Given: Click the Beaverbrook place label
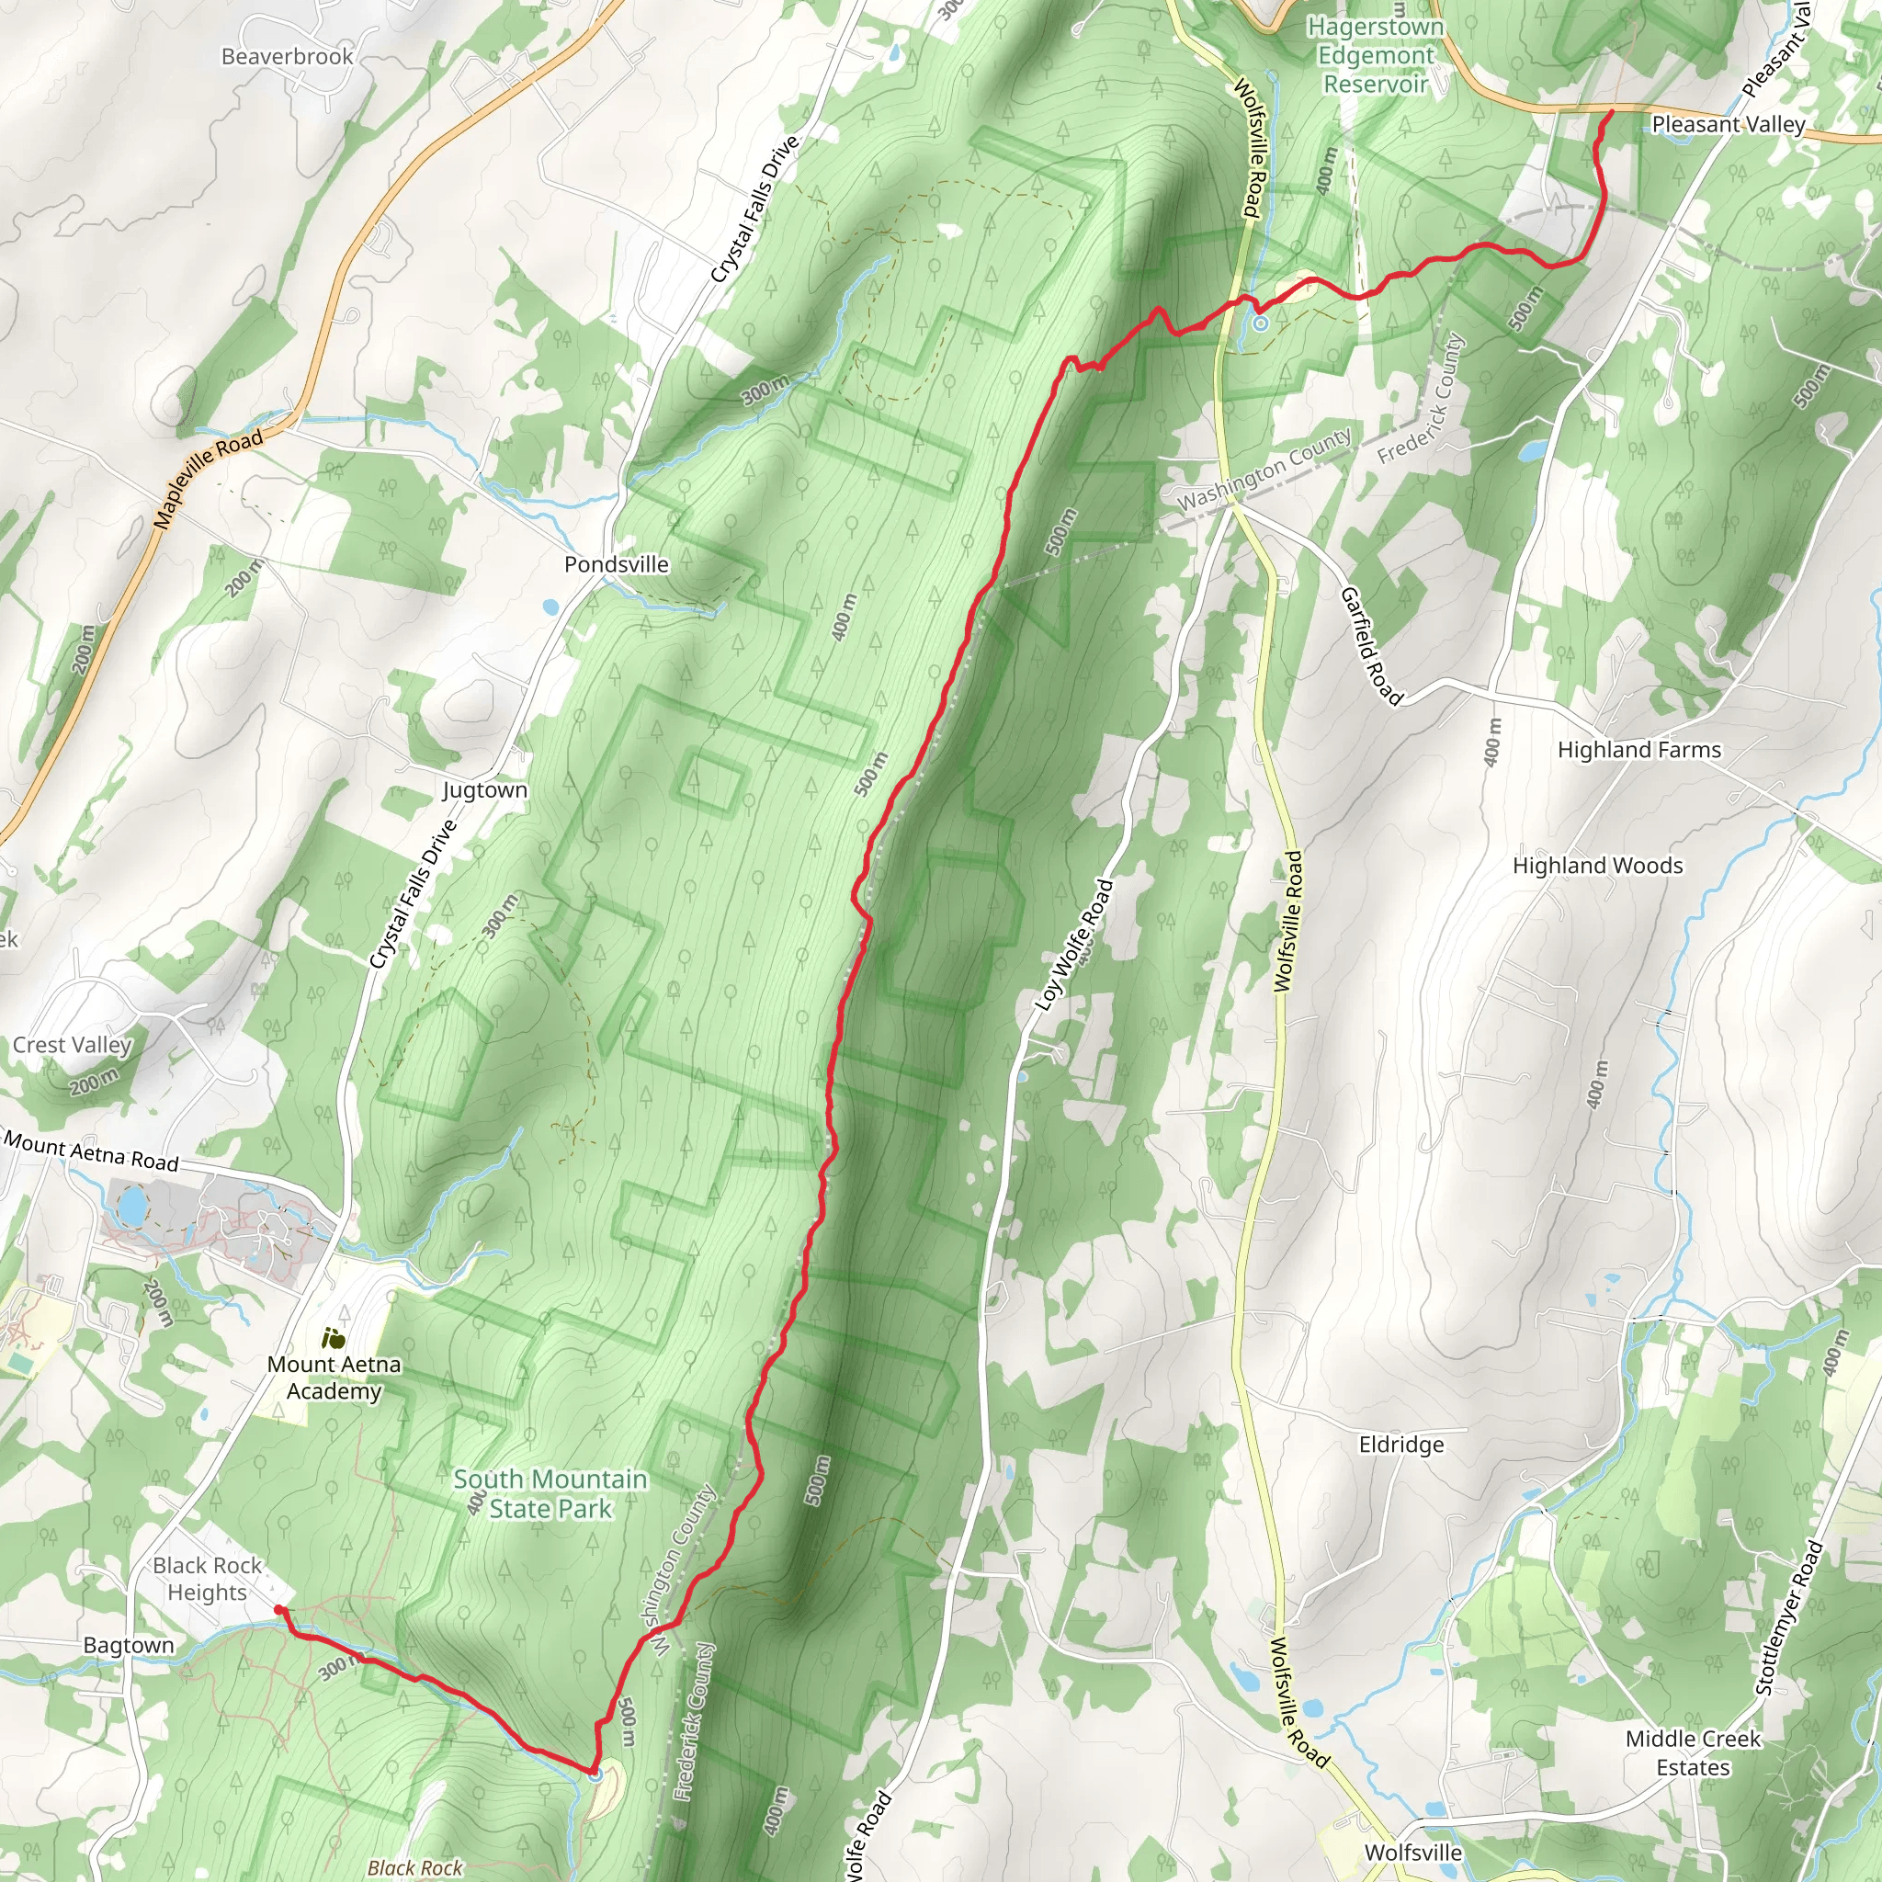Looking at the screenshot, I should pyautogui.click(x=288, y=56).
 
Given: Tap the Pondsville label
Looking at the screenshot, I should pyautogui.click(x=617, y=564).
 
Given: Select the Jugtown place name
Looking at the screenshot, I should pyautogui.click(x=485, y=790).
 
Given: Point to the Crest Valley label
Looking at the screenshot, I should pyautogui.click(x=72, y=1044).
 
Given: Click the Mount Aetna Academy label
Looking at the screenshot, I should pyautogui.click(x=334, y=1377).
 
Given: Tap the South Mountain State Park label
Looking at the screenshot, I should pyautogui.click(x=550, y=1493).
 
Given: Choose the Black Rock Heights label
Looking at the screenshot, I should pyautogui.click(x=208, y=1578).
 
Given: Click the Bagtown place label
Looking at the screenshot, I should pyautogui.click(x=129, y=1645).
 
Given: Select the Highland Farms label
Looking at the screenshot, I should pyautogui.click(x=1639, y=750).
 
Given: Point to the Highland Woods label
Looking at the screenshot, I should pyautogui.click(x=1597, y=865).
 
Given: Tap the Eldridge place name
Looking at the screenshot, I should pyautogui.click(x=1400, y=1445).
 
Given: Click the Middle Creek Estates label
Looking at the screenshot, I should pyautogui.click(x=1693, y=1752).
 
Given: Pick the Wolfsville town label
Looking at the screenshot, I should pyautogui.click(x=1412, y=1852).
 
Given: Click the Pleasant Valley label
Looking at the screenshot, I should pyautogui.click(x=1729, y=125).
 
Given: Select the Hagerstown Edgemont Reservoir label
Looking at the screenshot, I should pyautogui.click(x=1376, y=55).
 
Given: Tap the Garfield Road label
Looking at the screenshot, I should pyautogui.click(x=1370, y=646).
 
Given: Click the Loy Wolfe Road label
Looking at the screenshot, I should pyautogui.click(x=1074, y=945).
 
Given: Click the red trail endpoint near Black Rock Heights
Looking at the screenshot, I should pyautogui.click(x=279, y=1610).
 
